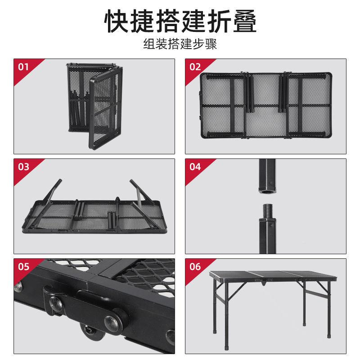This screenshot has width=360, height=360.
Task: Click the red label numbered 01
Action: [23, 67]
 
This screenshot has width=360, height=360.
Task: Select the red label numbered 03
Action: [23, 167]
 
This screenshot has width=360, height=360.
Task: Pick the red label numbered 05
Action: [23, 267]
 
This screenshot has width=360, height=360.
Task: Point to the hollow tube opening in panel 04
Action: [267, 190]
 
